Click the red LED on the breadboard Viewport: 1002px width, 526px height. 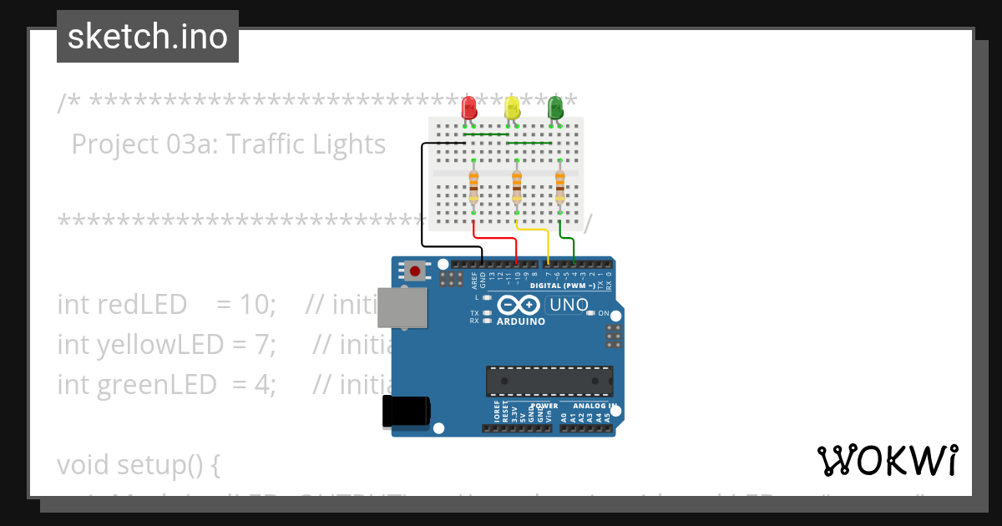click(469, 108)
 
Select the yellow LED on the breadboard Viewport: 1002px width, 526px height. click(512, 108)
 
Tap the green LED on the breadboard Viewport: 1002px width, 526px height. click(554, 108)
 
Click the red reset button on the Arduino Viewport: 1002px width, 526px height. click(415, 270)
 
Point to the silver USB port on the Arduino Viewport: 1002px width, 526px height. click(400, 306)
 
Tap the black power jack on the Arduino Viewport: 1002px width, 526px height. click(406, 412)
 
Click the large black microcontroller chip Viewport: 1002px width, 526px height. click(549, 381)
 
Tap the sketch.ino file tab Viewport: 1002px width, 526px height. click(148, 37)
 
